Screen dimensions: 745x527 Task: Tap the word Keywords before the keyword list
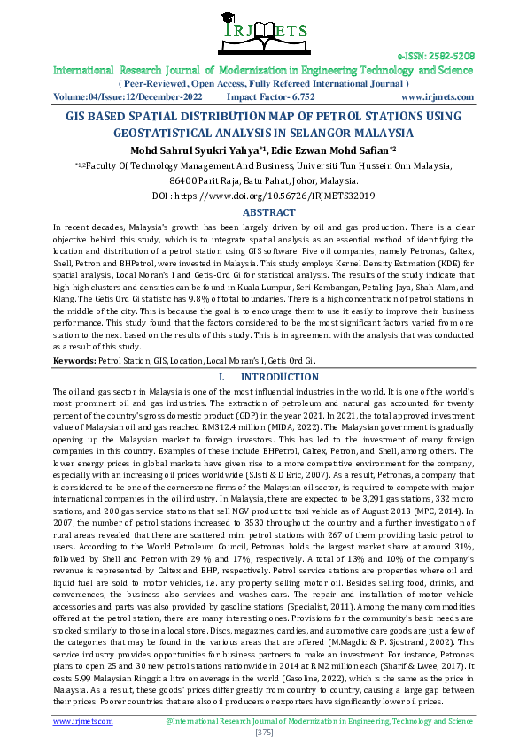click(74, 361)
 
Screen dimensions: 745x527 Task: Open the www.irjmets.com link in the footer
click(83, 721)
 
